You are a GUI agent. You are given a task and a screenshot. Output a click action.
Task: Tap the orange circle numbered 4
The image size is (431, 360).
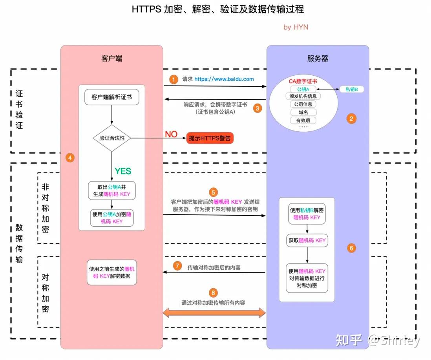pos(70,158)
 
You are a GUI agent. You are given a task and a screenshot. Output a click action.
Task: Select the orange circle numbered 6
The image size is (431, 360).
pos(351,248)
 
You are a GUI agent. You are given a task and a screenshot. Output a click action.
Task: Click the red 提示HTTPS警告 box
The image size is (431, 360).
pos(210,138)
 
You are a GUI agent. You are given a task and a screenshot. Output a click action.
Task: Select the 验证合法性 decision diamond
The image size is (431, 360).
pos(112,138)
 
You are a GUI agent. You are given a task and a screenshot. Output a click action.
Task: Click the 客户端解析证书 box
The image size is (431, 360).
pos(112,98)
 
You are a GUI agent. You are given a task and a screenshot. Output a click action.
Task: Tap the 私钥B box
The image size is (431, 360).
pos(351,89)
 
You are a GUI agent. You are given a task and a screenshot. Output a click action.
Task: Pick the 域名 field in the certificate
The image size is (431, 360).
pos(303,113)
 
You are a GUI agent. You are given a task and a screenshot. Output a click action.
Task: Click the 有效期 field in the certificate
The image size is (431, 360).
pos(303,120)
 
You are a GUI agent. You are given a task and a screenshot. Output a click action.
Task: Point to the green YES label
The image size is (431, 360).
pos(123,171)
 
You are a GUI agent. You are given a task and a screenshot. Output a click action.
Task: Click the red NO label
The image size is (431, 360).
pos(171,135)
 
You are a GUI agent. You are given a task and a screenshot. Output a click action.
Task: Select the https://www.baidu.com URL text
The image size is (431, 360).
pos(224,79)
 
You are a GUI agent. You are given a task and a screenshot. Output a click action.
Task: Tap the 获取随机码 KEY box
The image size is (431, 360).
pos(307,240)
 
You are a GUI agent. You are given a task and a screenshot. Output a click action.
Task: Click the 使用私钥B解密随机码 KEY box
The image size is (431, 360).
pos(307,214)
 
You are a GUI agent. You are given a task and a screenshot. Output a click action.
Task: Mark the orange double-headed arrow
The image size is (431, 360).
pos(214,313)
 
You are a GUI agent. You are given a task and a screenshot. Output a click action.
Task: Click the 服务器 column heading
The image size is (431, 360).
pos(318,58)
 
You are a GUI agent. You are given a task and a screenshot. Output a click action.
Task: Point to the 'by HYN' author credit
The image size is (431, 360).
pos(296,27)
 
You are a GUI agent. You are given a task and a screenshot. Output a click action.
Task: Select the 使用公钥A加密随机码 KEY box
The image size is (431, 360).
pos(112,218)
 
